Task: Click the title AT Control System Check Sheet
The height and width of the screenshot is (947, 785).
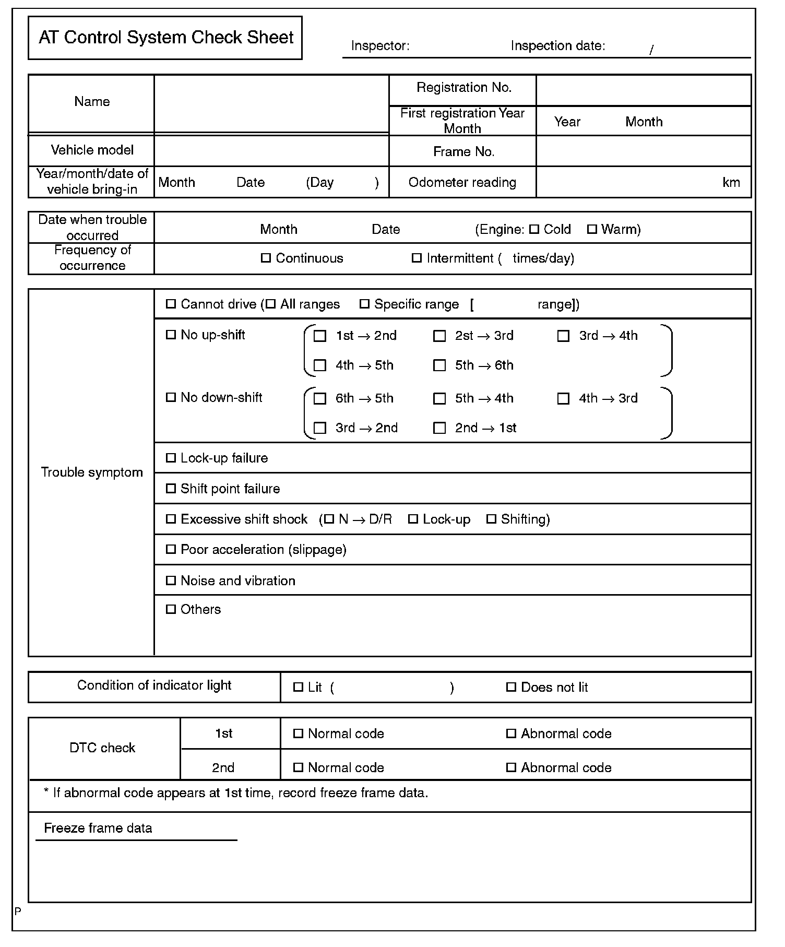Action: pyautogui.click(x=166, y=38)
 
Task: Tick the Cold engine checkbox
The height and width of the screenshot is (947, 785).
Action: pyautogui.click(x=534, y=229)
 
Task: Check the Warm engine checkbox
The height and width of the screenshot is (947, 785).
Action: pyautogui.click(x=592, y=229)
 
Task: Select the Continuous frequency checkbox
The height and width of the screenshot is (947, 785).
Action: pyautogui.click(x=266, y=258)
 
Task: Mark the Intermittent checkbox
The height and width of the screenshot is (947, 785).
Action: pyautogui.click(x=417, y=258)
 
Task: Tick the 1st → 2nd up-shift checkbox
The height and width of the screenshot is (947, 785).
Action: pyautogui.click(x=320, y=336)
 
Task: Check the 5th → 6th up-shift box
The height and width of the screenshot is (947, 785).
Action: pyautogui.click(x=439, y=365)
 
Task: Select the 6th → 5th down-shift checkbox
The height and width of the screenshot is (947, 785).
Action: pyautogui.click(x=320, y=398)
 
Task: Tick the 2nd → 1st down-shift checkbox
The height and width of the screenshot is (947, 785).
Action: pyautogui.click(x=439, y=428)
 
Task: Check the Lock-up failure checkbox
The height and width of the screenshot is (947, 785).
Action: pyautogui.click(x=171, y=458)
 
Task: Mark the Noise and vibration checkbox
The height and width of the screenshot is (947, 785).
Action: pyautogui.click(x=171, y=581)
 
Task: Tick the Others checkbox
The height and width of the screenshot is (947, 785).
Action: pyautogui.click(x=171, y=609)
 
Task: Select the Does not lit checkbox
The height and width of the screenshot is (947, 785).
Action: pyautogui.click(x=511, y=687)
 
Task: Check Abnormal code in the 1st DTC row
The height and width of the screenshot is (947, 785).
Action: pyautogui.click(x=511, y=733)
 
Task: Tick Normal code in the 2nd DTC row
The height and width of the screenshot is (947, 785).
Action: pyautogui.click(x=298, y=767)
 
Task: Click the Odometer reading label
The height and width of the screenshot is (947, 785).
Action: pyautogui.click(x=462, y=182)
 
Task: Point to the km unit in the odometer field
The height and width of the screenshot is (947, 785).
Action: pyautogui.click(x=731, y=182)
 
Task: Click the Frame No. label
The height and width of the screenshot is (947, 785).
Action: pyautogui.click(x=463, y=152)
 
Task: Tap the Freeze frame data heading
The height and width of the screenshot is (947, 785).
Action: pyautogui.click(x=98, y=828)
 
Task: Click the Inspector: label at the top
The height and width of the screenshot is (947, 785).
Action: pyautogui.click(x=380, y=46)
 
